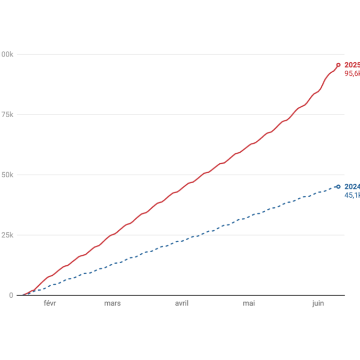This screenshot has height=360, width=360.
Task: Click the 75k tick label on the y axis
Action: click(7, 115)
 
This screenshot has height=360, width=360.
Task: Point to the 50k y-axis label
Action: click(7, 175)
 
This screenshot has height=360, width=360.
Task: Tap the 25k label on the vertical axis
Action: click(7, 235)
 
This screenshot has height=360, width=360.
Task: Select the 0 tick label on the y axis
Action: click(11, 295)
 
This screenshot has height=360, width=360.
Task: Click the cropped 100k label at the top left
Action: click(7, 54)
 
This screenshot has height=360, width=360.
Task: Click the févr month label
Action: click(50, 303)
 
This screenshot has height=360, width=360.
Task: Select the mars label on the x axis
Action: click(113, 303)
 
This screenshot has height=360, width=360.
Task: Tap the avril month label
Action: click(182, 303)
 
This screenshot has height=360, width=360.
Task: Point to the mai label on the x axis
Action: click(250, 303)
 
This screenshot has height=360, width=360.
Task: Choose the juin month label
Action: click(318, 303)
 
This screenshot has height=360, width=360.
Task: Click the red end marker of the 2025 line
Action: click(338, 65)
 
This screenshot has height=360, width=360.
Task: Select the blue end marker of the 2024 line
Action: click(338, 187)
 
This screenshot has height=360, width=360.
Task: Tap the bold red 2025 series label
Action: click(352, 65)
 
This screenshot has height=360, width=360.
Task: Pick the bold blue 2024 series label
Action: click(352, 186)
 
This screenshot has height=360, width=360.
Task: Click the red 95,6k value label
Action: click(352, 74)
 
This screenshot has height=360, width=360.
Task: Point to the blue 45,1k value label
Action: click(352, 195)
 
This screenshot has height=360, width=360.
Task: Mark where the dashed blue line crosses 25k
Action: click(206, 235)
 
